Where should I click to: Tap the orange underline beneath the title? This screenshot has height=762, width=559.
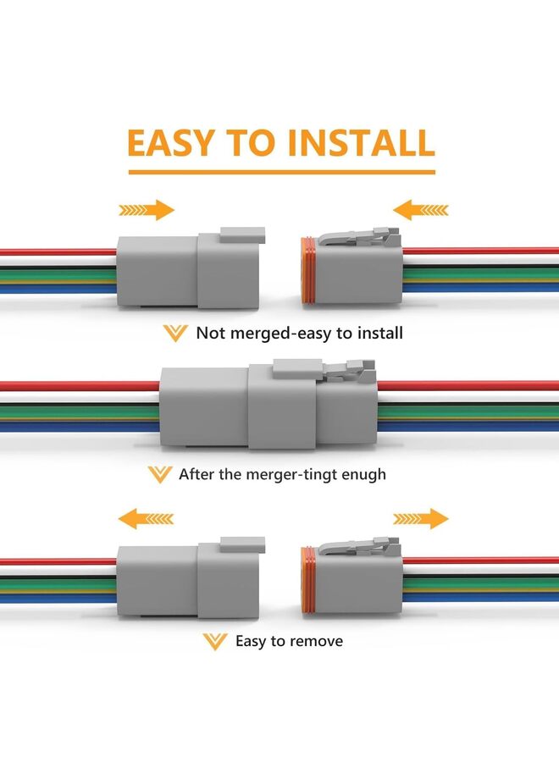click(x=280, y=172)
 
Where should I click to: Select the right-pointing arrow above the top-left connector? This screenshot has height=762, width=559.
click(x=147, y=210)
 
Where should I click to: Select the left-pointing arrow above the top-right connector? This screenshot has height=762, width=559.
click(x=421, y=210)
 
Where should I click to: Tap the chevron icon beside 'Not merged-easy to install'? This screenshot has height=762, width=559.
click(x=175, y=333)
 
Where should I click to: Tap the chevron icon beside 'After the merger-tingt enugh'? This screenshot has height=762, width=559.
click(x=159, y=474)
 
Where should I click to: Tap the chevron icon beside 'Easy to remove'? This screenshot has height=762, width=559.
click(x=215, y=642)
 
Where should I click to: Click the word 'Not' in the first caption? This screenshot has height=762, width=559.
click(x=211, y=333)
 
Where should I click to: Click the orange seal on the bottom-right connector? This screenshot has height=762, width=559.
click(x=309, y=581)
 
